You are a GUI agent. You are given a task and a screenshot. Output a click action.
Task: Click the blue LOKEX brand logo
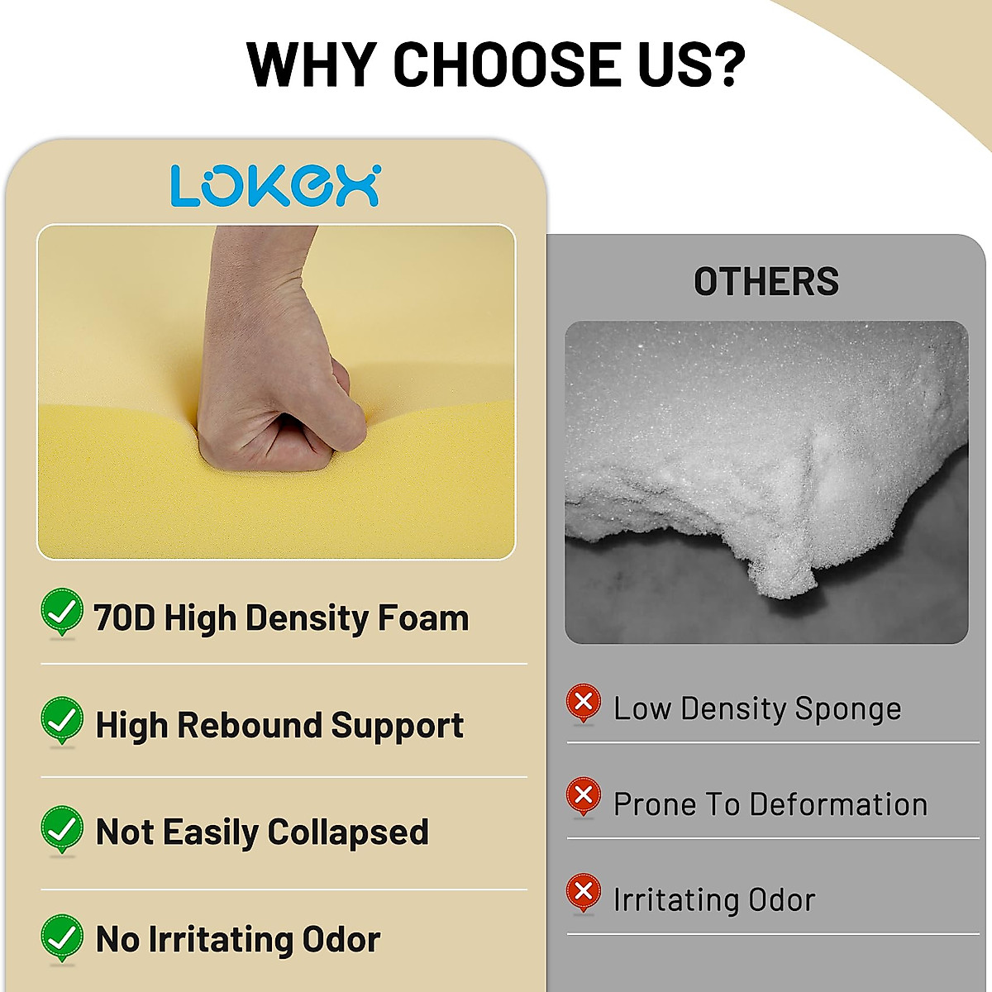pos(275,185)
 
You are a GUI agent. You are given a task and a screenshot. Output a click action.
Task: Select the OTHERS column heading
pos(765,282)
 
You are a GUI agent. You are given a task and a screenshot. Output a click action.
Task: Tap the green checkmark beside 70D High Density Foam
pos(62,612)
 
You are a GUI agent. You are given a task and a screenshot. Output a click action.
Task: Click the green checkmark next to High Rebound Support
pos(62,719)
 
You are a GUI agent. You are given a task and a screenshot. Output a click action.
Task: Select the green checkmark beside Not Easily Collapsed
pos(62,828)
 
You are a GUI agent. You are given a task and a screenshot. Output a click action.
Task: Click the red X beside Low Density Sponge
pos(584,703)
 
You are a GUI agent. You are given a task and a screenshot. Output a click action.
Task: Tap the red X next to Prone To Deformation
pos(584,796)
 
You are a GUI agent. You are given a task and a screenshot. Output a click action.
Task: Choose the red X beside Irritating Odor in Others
pos(584,892)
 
